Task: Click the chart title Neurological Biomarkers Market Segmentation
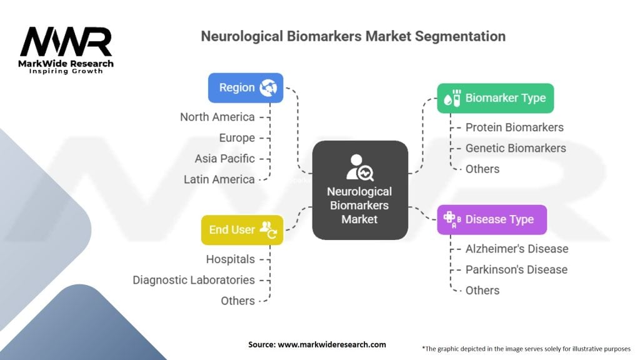[x=353, y=36]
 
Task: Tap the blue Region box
[x=245, y=88]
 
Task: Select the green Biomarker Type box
[x=495, y=98]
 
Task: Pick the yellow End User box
[x=242, y=230]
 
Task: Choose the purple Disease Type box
[x=491, y=219]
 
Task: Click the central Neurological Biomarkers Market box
[x=359, y=191]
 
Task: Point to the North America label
[x=217, y=117]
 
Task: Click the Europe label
[x=237, y=137]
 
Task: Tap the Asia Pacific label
[x=224, y=158]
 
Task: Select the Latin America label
[x=219, y=179]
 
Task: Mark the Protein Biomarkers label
[x=514, y=127]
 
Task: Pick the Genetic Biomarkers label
[x=516, y=148]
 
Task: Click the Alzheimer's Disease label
[x=517, y=249]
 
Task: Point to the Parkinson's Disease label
[x=516, y=269]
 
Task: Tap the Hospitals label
[x=231, y=259]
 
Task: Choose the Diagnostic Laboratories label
[x=194, y=280]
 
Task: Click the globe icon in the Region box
[x=269, y=88]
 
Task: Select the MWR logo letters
[x=66, y=42]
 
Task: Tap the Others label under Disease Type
[x=482, y=290]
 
